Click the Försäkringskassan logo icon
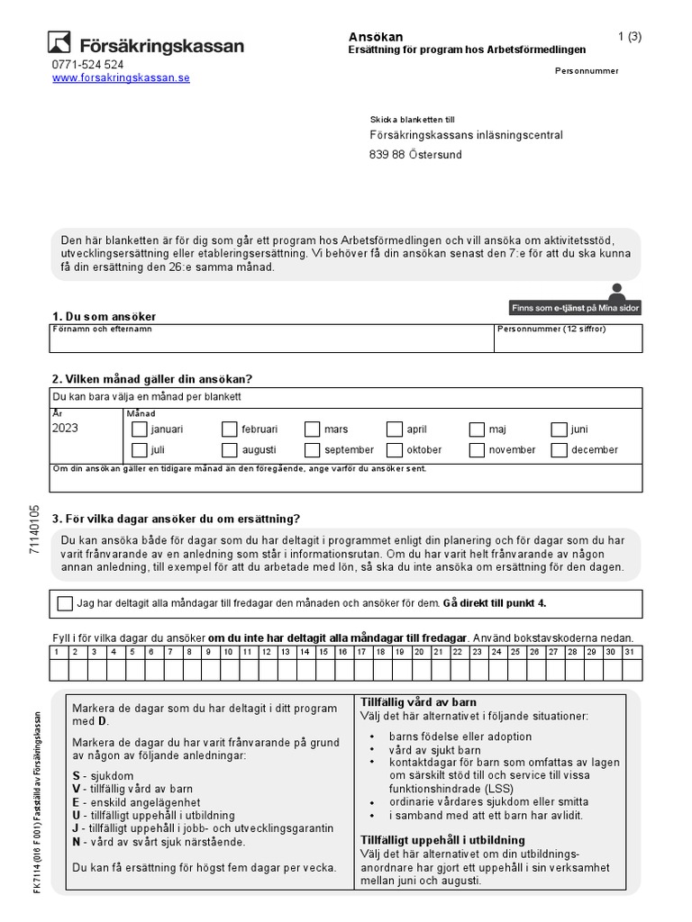pos(59,42)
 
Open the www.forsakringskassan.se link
pos(121,78)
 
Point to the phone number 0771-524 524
pos(88,65)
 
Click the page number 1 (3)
pos(629,37)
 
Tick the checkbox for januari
pos(139,429)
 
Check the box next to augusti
pos(229,449)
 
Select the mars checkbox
pos(312,429)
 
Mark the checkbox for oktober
pos(395,449)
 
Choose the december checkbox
pos(559,449)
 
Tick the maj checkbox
pos(477,429)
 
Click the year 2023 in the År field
pos(66,429)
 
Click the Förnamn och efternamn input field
pos(270,343)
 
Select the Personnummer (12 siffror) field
pos(569,343)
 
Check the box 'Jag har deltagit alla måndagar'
pos(65,603)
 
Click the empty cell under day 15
pos(323,670)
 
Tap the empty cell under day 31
pos(630,670)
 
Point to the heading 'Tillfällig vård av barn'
pos(418,702)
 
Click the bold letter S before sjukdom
pos(76,775)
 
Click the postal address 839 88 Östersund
pos(415,155)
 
